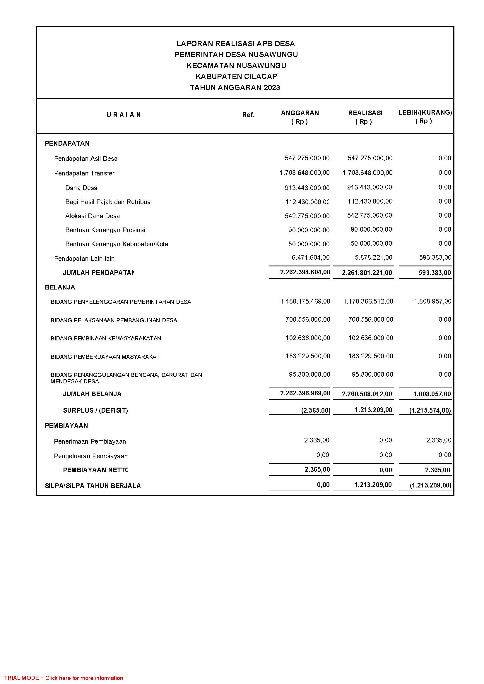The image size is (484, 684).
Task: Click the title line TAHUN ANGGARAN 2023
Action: point(235,88)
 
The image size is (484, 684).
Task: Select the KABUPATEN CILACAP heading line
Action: point(236,77)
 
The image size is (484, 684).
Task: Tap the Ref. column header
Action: point(248,115)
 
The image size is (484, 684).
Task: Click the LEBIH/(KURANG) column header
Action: point(425,113)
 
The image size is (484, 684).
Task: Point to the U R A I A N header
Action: point(124,115)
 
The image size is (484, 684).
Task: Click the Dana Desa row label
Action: point(81,188)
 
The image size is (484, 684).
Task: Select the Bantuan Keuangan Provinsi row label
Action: point(105,230)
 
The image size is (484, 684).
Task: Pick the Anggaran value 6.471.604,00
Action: point(310,258)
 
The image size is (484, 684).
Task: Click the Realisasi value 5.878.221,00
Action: point(373,258)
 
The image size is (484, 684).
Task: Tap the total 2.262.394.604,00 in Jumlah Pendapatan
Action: point(305,272)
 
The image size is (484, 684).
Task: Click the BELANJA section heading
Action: point(60,287)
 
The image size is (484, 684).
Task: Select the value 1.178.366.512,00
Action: point(368,301)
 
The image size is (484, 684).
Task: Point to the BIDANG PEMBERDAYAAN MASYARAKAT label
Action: point(105,357)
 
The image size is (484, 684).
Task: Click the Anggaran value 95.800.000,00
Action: point(309,375)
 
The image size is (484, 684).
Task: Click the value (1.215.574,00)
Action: point(430,411)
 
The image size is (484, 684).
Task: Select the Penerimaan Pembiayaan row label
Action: point(90,442)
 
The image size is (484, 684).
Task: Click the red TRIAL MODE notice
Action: point(64,678)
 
